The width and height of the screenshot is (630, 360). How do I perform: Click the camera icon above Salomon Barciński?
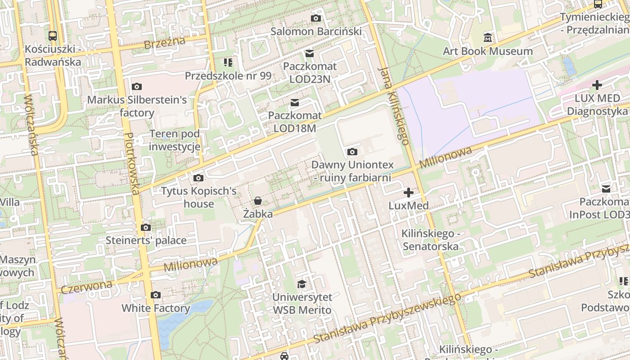[316, 18]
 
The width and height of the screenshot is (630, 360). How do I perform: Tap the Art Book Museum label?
[488, 51]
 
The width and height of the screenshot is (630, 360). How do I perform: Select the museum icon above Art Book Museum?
[488, 38]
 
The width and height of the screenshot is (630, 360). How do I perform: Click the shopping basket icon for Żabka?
[258, 201]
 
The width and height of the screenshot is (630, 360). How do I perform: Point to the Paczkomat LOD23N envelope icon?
[310, 54]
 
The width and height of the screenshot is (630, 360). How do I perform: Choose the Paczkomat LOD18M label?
[295, 122]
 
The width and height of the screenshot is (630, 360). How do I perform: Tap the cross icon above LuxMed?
[409, 193]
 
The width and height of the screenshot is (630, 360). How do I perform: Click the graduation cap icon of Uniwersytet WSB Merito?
[301, 284]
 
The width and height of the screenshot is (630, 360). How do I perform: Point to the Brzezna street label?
[165, 43]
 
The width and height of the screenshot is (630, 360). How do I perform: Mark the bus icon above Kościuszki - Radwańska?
[53, 36]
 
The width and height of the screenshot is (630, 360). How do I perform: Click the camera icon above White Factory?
[156, 295]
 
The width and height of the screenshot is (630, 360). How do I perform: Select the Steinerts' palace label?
[146, 240]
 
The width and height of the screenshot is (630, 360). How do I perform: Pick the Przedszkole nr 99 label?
[228, 76]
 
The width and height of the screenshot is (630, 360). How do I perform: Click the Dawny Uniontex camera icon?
[352, 152]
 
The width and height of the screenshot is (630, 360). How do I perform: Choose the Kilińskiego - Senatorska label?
[431, 240]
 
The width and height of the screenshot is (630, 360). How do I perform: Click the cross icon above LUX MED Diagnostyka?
[597, 85]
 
